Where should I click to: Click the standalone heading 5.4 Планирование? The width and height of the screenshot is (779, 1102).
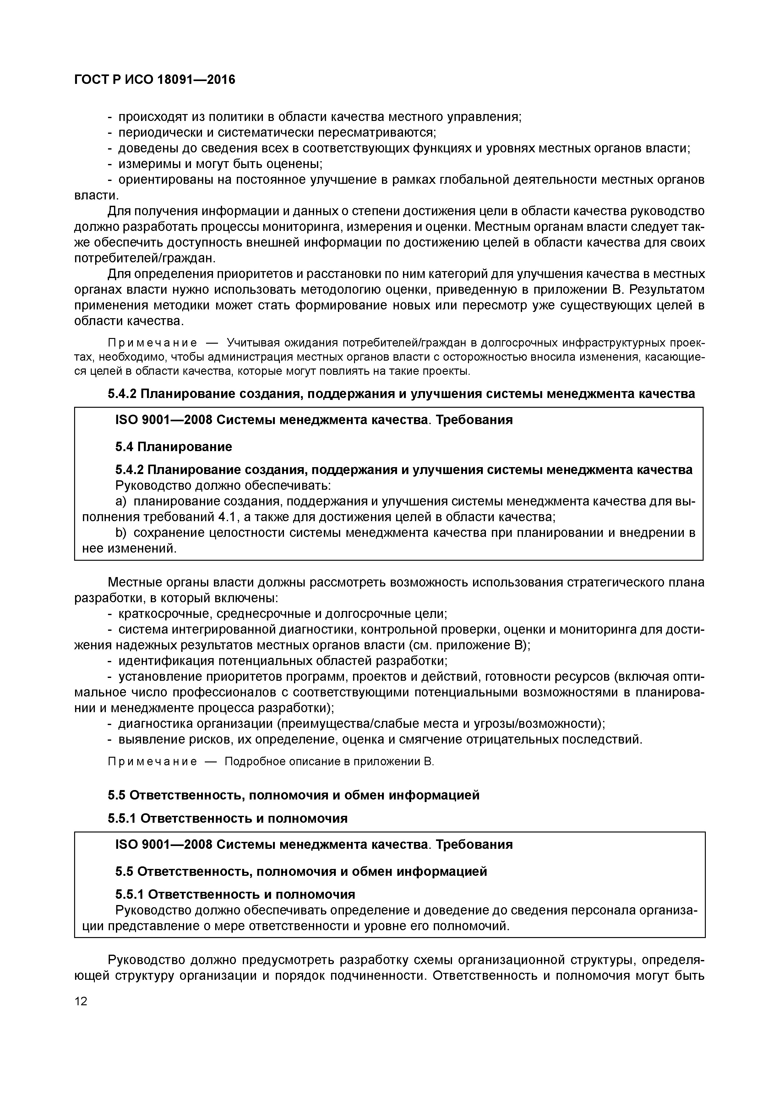pyautogui.click(x=173, y=447)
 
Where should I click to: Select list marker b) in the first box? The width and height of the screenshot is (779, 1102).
pyautogui.click(x=121, y=533)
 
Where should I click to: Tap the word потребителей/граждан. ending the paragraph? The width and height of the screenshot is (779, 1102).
pyautogui.click(x=145, y=258)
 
